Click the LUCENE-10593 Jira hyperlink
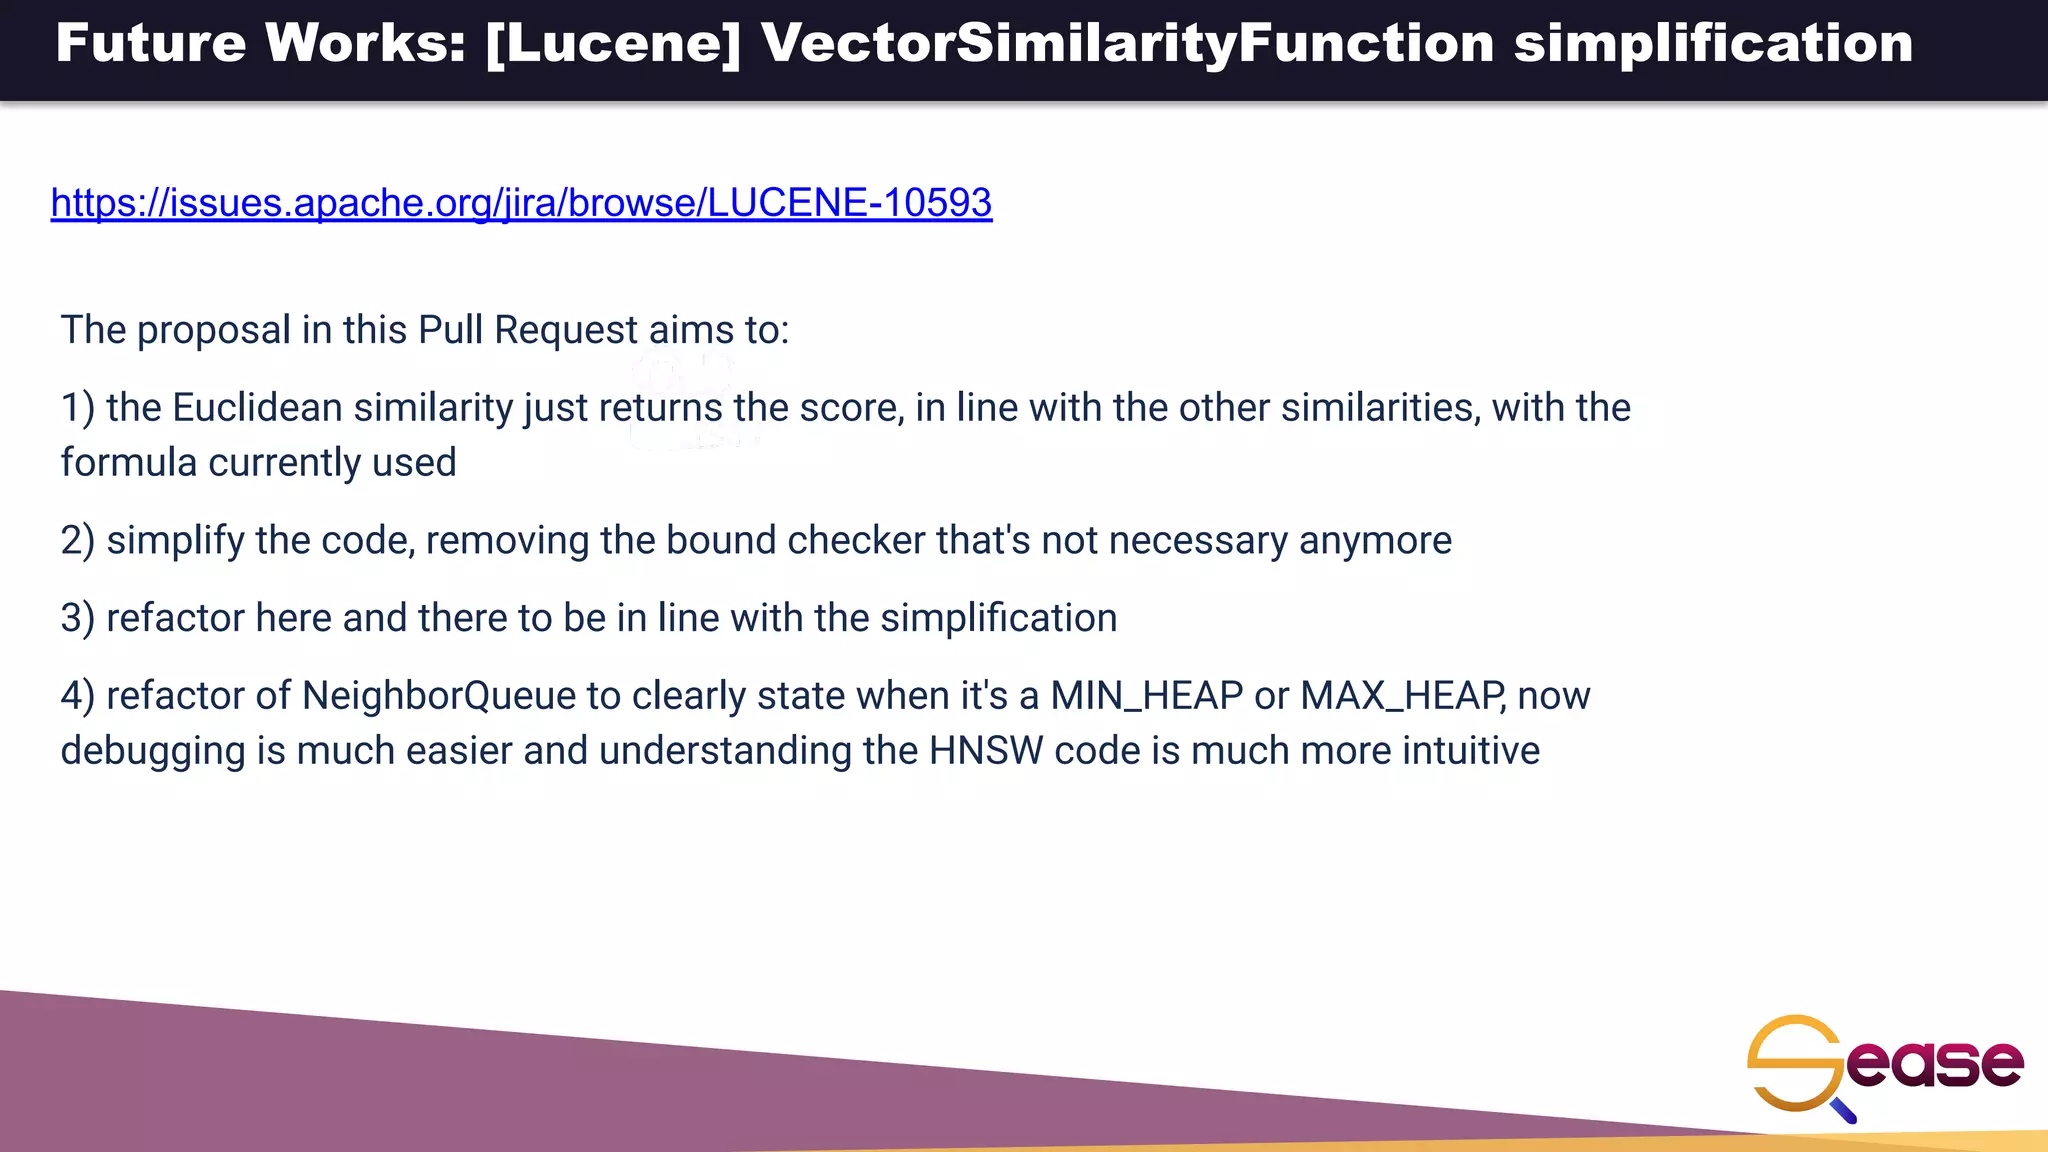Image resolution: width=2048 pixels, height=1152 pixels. [x=521, y=203]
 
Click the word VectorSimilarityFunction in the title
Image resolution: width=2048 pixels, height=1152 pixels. [x=1127, y=43]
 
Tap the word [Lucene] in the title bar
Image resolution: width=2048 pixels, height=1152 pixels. [x=612, y=43]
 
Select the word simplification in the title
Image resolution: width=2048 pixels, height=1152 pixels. [x=1713, y=43]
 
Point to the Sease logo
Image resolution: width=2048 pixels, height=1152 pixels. [x=1885, y=1066]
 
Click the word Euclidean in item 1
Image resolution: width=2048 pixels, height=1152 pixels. [x=257, y=408]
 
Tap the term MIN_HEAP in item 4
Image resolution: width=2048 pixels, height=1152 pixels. [x=1146, y=696]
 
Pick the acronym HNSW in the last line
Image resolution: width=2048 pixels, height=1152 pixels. [x=985, y=751]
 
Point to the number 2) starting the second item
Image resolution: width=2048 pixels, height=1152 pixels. [x=77, y=541]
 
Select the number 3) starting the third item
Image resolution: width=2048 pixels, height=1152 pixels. [x=77, y=619]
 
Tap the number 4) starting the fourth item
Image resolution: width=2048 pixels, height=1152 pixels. [x=77, y=696]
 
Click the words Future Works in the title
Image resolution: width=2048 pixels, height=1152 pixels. [x=261, y=43]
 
